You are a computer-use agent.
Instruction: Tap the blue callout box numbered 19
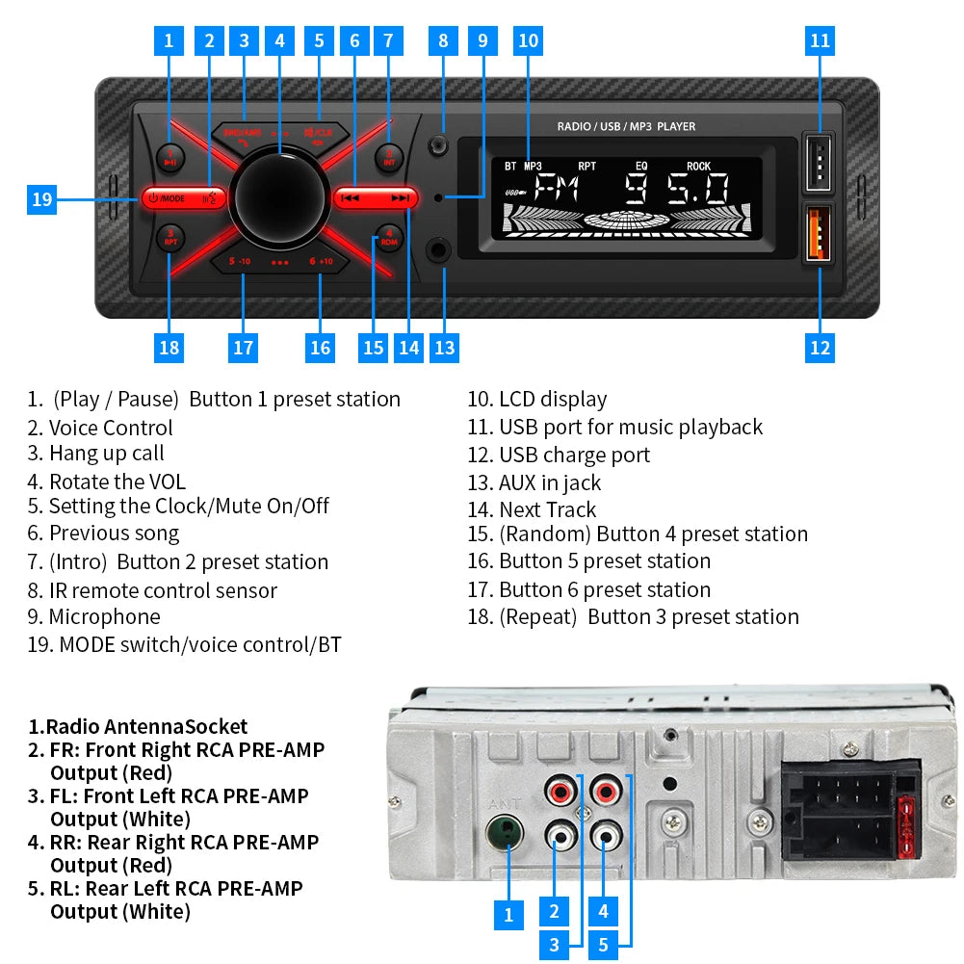coord(41,199)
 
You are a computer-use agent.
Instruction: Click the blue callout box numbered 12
coord(820,348)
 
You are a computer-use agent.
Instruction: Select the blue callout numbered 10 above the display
coord(528,40)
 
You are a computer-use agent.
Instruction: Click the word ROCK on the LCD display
coord(698,167)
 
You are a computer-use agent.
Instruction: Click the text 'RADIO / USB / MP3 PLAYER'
coord(626,127)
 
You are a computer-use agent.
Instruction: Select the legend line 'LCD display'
coord(537,400)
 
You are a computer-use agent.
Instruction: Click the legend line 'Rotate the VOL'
coord(107,482)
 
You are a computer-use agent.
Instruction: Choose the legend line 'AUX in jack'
coord(534,482)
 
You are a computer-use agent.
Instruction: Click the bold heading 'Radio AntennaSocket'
coord(138,727)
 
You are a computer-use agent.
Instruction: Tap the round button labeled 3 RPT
coord(170,237)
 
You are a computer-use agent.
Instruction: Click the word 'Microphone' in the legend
coord(104,616)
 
